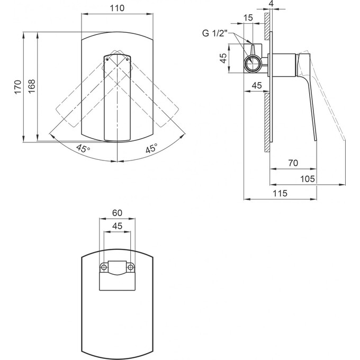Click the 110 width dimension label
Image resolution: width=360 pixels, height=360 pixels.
[117, 8]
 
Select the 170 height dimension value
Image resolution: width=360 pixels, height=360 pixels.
[18, 87]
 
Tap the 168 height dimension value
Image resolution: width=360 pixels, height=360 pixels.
[32, 86]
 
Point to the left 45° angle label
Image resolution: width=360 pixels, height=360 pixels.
[83, 148]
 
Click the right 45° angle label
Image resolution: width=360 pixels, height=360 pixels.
[152, 148]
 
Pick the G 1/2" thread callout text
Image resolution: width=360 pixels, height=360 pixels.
[214, 33]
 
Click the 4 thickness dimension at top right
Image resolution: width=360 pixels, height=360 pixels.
[271, 4]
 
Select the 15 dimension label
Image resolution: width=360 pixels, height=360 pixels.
[248, 17]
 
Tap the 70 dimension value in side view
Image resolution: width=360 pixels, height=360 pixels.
[293, 163]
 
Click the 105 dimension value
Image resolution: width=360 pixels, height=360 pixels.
[308, 178]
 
